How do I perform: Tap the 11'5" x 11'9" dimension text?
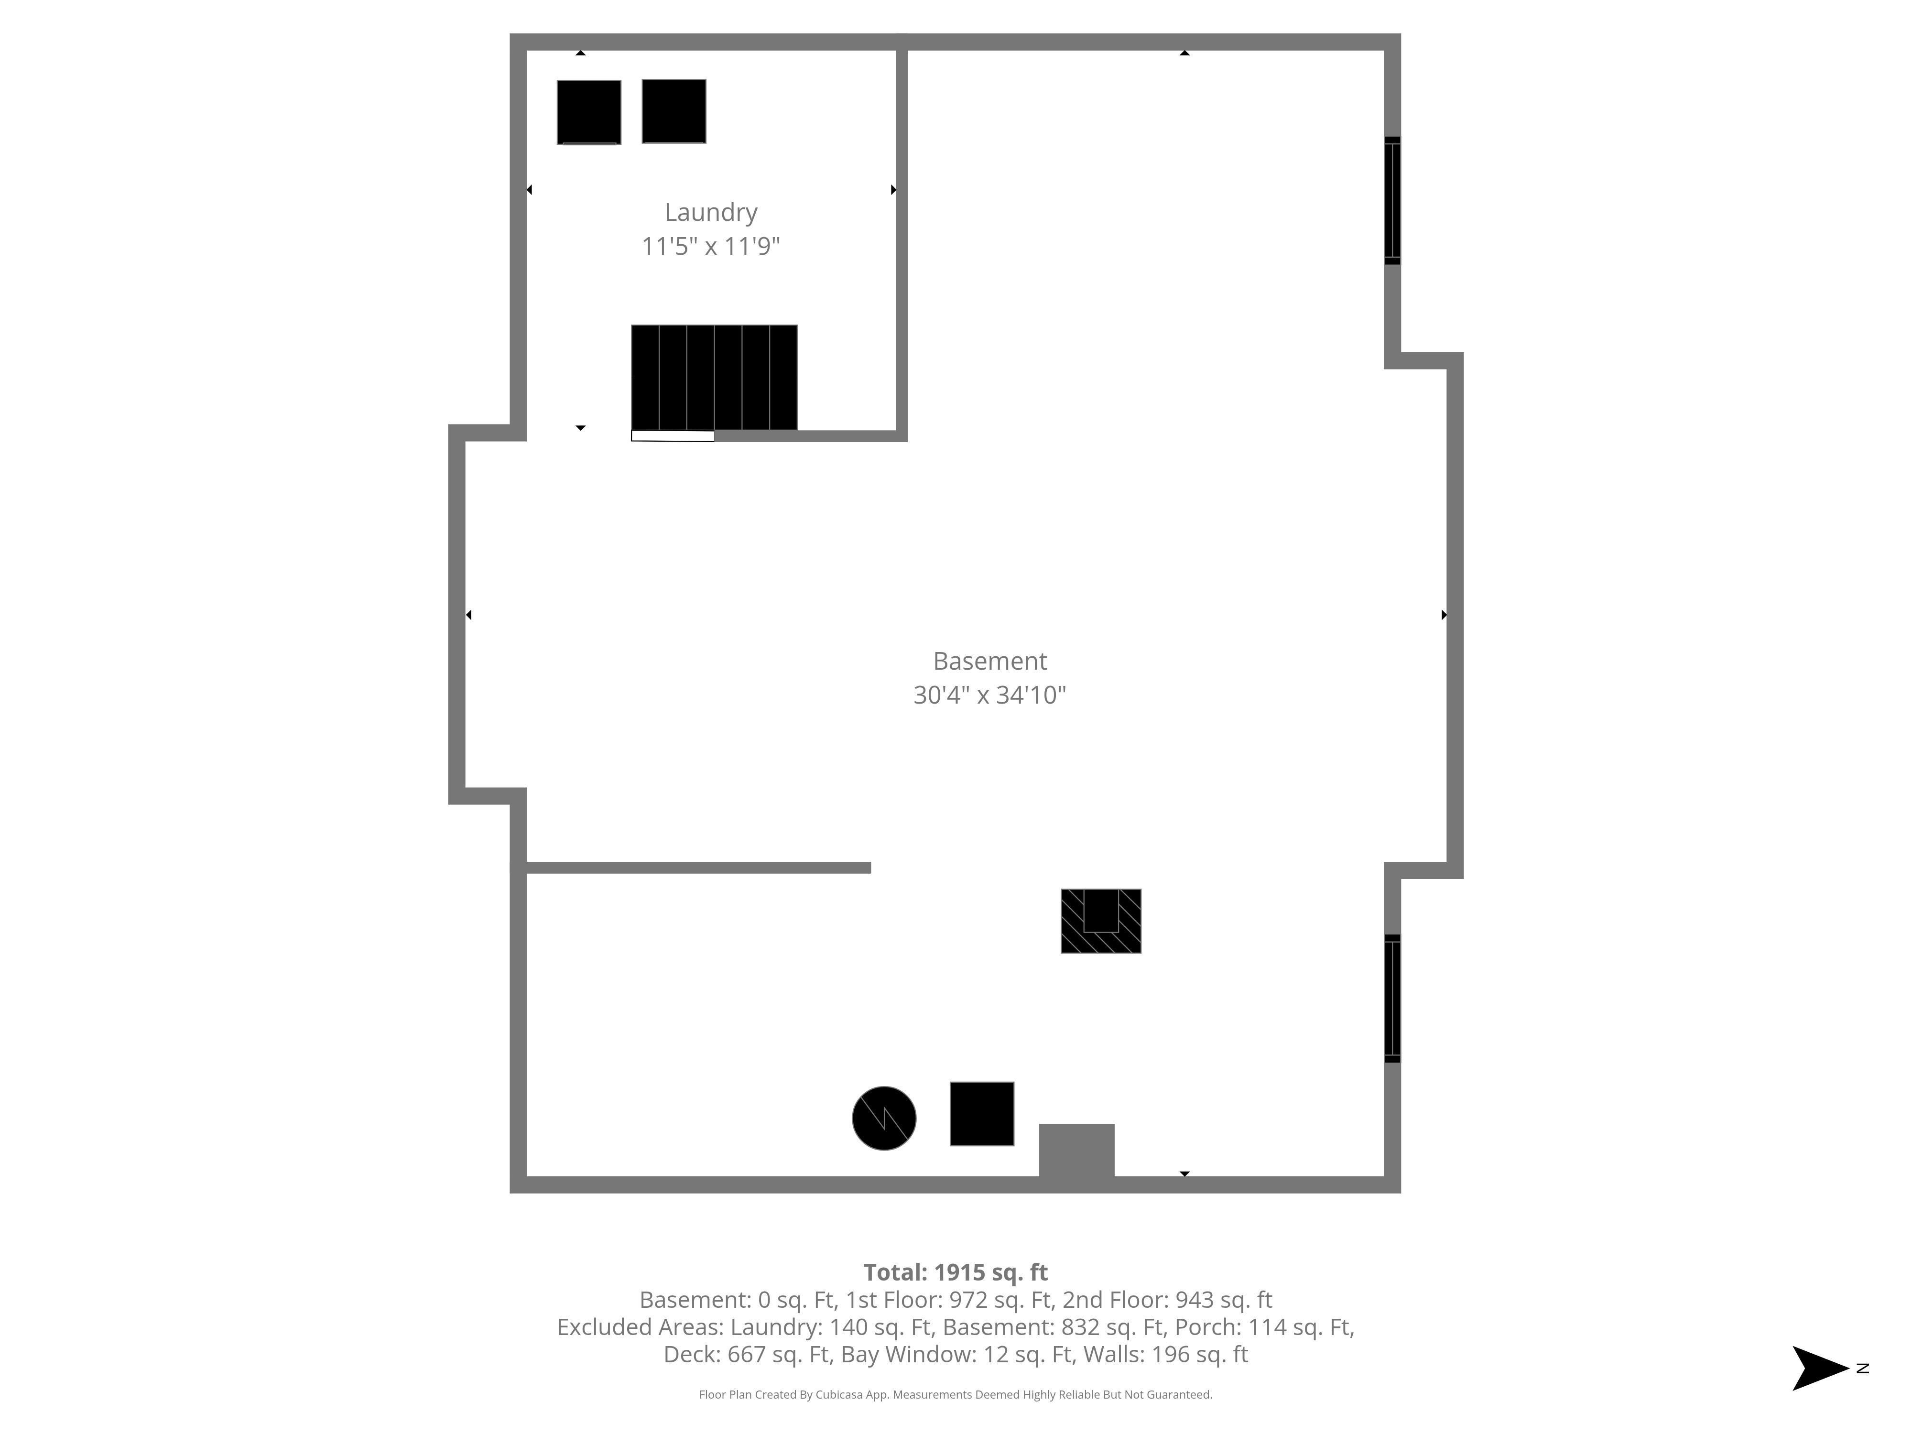(x=710, y=246)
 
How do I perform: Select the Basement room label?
(x=990, y=661)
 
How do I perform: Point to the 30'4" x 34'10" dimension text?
(x=990, y=695)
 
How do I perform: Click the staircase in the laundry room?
(x=714, y=378)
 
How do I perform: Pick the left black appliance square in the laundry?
(x=588, y=112)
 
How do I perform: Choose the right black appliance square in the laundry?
(x=674, y=111)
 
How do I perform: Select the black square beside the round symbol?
(x=982, y=1114)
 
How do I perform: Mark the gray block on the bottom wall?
(x=1076, y=1151)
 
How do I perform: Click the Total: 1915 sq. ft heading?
(x=955, y=1272)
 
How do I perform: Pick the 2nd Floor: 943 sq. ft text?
(x=1167, y=1300)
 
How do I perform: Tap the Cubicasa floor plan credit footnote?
(x=955, y=1394)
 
